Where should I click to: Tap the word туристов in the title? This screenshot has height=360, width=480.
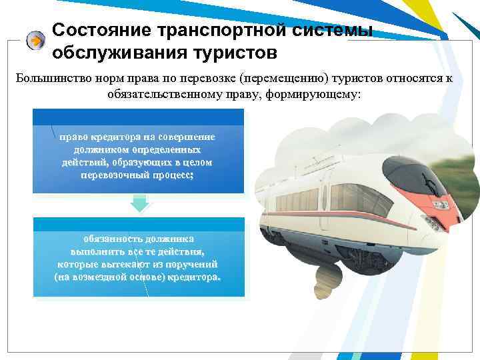click(x=230, y=51)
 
